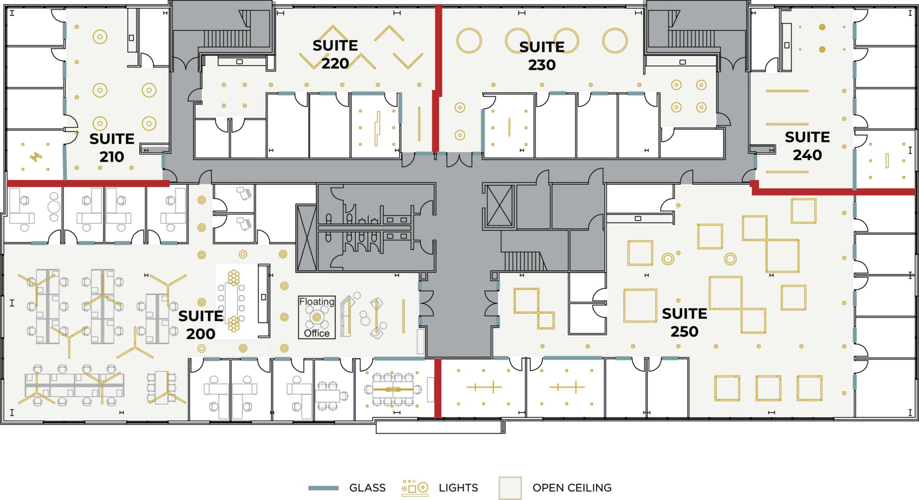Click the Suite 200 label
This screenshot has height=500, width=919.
[x=201, y=325]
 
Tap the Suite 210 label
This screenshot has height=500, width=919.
[x=112, y=148]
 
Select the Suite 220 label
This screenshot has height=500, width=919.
[x=335, y=54]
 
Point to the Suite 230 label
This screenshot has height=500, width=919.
[x=542, y=56]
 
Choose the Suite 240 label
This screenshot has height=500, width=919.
[x=807, y=146]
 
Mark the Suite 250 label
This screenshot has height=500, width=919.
[x=685, y=322]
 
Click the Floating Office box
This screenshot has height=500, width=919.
[x=317, y=317]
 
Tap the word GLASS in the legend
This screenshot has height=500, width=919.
[x=367, y=488]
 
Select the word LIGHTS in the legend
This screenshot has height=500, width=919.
[x=458, y=488]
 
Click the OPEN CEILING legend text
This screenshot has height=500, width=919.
[x=572, y=488]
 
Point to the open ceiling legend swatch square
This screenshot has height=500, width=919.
[x=510, y=488]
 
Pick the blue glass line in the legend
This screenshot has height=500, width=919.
[x=323, y=488]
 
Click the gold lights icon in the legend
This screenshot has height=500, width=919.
[x=415, y=488]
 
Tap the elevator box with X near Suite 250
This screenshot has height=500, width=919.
[x=499, y=206]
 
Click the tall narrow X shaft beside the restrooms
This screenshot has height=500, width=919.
[x=306, y=237]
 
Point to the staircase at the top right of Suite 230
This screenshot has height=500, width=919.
[x=692, y=38]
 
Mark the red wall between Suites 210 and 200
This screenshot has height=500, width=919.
[x=88, y=183]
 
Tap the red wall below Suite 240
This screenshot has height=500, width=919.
[x=833, y=191]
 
